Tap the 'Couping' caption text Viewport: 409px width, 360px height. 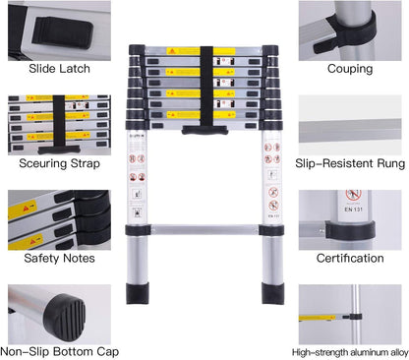pyautogui.click(x=350, y=70)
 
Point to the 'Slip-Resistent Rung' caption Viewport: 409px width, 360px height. pyautogui.click(x=350, y=164)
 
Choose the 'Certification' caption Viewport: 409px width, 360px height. pyautogui.click(x=350, y=259)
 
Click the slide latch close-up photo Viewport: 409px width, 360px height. pyautogui.click(x=56, y=30)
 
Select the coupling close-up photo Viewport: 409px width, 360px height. pyautogui.click(x=350, y=30)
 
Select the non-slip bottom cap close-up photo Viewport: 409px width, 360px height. pyautogui.click(x=56, y=313)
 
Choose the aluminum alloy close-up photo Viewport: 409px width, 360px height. pyautogui.click(x=350, y=313)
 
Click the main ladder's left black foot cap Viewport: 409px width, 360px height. pyautogui.click(x=140, y=294)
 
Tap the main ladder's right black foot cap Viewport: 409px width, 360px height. pyautogui.click(x=272, y=294)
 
